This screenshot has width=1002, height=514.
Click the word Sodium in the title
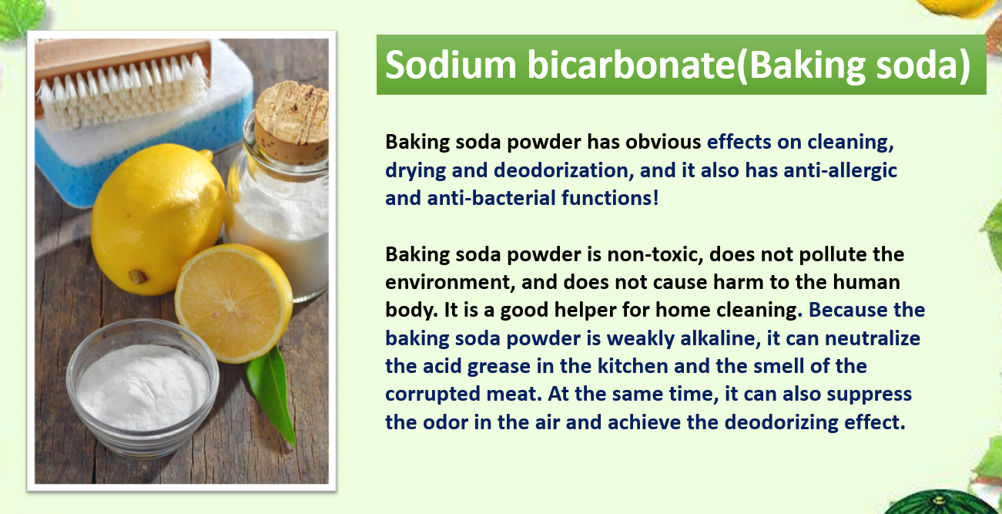pyautogui.click(x=451, y=65)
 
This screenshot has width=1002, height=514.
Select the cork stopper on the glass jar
pyautogui.click(x=291, y=123)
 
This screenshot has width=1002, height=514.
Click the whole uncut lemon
pyautogui.click(x=157, y=219)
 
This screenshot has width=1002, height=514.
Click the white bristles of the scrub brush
pyautogui.click(x=123, y=92)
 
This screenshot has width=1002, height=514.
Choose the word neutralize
pyautogui.click(x=873, y=338)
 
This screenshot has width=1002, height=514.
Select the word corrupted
pyautogui.click(x=433, y=395)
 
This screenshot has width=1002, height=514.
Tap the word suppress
pyautogui.click(x=870, y=395)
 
